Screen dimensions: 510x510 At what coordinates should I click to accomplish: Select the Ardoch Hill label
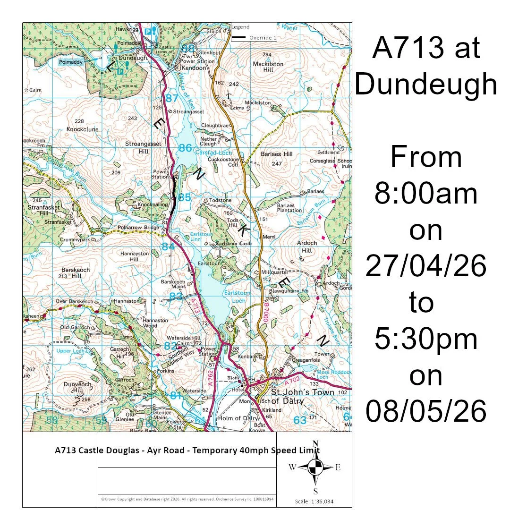(307, 247)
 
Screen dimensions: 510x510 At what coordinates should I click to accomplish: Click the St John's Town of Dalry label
(302, 397)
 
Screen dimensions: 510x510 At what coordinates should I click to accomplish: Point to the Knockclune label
(82, 128)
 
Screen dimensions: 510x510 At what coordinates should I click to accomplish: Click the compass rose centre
(315, 467)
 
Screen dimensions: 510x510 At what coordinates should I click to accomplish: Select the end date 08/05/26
(425, 412)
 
